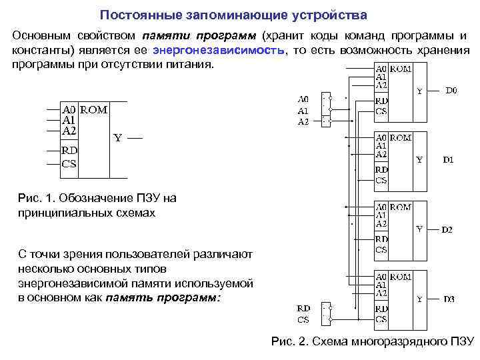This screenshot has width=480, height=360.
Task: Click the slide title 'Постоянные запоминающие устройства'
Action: (233, 14)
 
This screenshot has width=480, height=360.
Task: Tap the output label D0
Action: (451, 89)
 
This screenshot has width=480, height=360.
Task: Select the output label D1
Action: (448, 160)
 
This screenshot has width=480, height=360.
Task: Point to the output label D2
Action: (447, 230)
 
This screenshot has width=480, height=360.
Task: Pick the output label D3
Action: (449, 299)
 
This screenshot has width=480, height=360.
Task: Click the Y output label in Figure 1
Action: (117, 138)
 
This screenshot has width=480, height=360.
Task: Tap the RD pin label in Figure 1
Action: (69, 151)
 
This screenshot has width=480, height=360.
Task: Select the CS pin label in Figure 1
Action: (69, 163)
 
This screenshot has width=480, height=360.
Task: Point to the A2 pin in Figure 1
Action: (69, 131)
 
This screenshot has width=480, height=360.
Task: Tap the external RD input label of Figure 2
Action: (303, 309)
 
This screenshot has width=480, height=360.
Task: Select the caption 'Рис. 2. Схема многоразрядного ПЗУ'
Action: (373, 342)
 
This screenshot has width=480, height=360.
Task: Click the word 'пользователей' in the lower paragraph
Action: (149, 254)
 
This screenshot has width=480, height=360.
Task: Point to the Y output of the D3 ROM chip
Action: (419, 299)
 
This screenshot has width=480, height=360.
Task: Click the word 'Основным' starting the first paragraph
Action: (41, 35)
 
